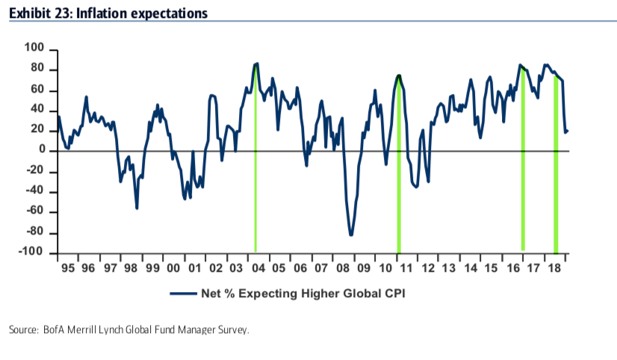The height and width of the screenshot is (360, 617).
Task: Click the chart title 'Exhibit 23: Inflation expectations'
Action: pyautogui.click(x=108, y=13)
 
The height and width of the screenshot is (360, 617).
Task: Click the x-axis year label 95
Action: pyautogui.click(x=66, y=267)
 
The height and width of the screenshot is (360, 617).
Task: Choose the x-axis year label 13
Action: pyautogui.click(x=448, y=267)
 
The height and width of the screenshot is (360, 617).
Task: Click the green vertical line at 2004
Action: pyautogui.click(x=256, y=164)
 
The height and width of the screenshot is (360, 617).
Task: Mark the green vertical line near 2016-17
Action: pyautogui.click(x=522, y=164)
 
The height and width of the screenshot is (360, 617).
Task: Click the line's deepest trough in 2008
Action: pyautogui.click(x=351, y=235)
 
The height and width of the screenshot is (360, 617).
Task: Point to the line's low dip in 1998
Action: pyautogui.click(x=137, y=208)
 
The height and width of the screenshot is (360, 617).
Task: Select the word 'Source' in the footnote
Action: pyautogui.click(x=22, y=329)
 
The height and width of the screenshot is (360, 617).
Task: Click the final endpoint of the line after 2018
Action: pyautogui.click(x=568, y=131)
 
